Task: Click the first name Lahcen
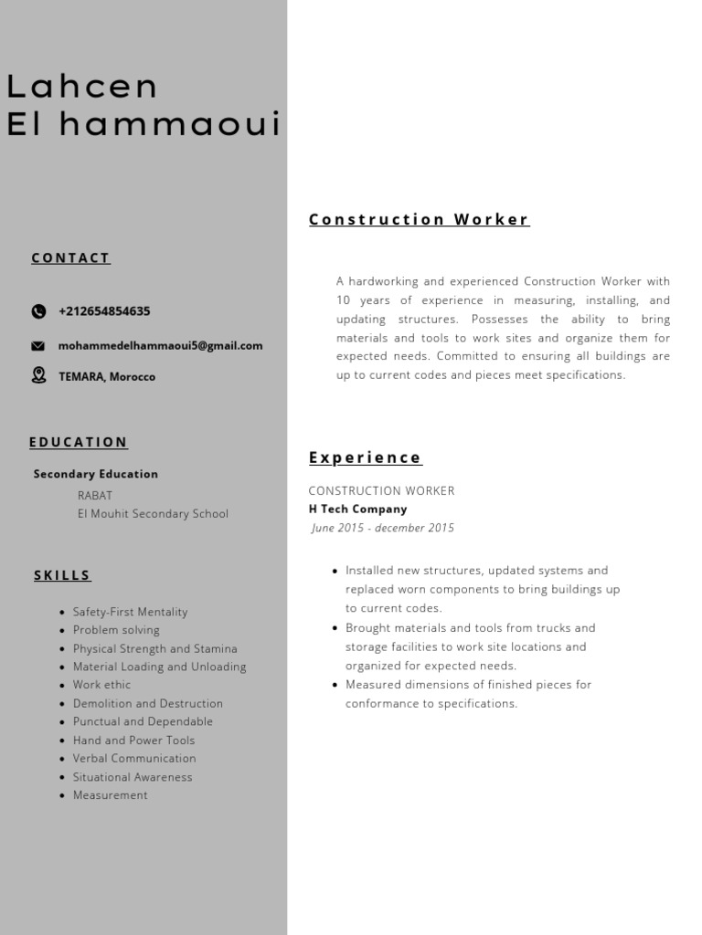[x=82, y=87]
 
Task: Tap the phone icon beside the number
[x=38, y=311]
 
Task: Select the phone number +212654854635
[x=104, y=311]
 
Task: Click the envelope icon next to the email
[x=38, y=346]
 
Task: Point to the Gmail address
[x=160, y=346]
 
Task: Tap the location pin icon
[x=38, y=375]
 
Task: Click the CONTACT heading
[x=70, y=258]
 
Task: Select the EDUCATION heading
[x=79, y=443]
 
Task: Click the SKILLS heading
[x=62, y=576]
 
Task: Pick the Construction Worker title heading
[x=419, y=220]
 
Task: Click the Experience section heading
[x=365, y=458]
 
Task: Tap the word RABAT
[x=95, y=496]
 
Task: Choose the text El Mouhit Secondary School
[x=153, y=514]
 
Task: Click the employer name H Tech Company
[x=357, y=510]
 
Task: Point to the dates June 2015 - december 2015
[x=382, y=528]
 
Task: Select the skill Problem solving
[x=116, y=630]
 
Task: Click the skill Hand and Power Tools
[x=133, y=741]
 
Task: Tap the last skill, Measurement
[x=110, y=795]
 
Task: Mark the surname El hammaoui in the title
[x=144, y=125]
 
